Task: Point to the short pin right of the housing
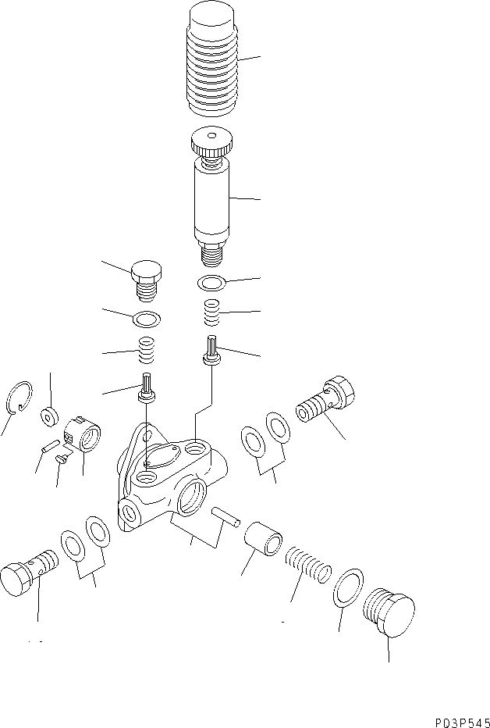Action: (224, 516)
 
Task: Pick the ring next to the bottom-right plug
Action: (349, 587)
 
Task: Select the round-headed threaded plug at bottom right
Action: (387, 614)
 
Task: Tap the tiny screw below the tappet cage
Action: (62, 461)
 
